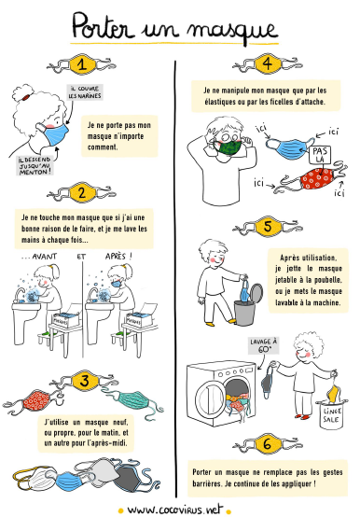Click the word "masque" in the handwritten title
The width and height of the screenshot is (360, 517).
232,29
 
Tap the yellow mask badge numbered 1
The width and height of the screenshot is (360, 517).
82,64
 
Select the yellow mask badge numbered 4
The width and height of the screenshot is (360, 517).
268,64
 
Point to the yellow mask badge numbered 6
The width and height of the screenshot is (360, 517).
268,444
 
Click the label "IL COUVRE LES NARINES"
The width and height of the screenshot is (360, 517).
85,92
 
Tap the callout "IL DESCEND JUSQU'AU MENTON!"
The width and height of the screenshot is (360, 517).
35,165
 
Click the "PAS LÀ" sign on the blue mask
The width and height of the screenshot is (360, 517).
320,155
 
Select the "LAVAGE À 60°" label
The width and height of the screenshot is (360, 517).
263,345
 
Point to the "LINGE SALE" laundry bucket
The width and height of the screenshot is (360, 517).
332,415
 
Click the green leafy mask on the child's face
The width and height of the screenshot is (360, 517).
230,147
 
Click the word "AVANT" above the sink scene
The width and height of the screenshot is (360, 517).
45,257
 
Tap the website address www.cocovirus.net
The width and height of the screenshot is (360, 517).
175,510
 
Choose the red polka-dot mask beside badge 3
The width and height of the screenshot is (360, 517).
36,399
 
